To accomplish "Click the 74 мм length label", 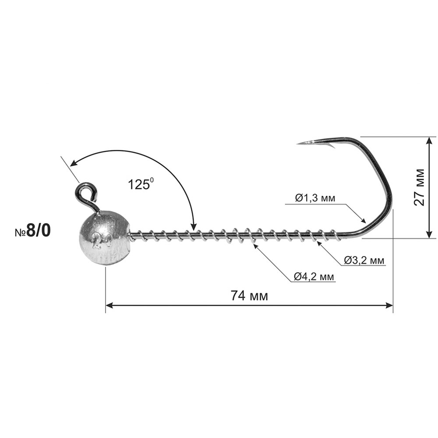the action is tap(249, 296).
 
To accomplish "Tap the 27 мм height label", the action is tap(419, 187).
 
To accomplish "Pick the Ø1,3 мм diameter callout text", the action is tap(315, 198).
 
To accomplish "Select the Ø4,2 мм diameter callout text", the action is tap(314, 276).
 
